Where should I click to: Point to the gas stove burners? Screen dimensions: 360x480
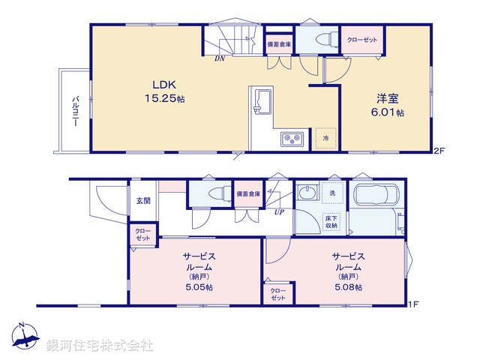coord(290,138)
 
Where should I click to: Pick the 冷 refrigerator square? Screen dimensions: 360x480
coord(325,138)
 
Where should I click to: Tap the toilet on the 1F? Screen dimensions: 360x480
coord(214,193)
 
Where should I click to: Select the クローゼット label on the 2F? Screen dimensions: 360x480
coord(361,39)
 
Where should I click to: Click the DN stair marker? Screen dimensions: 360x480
coord(220,58)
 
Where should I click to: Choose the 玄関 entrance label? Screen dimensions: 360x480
coord(143,200)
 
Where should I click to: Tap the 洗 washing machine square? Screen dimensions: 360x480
coord(331,193)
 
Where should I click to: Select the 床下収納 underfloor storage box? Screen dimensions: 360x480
coord(331,220)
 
